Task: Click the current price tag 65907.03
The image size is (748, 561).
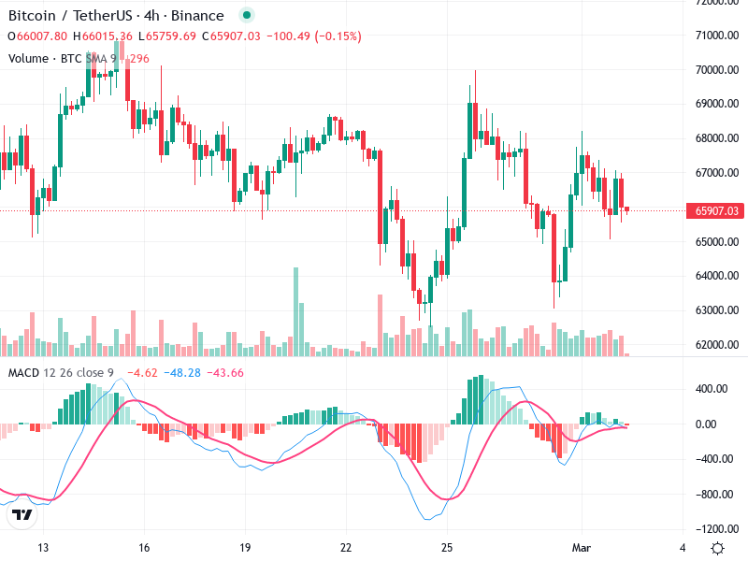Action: [x=716, y=211]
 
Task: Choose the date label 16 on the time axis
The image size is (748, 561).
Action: [x=144, y=547]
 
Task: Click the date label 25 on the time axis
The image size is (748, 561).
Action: [x=447, y=547]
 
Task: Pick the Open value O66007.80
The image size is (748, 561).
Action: [x=37, y=36]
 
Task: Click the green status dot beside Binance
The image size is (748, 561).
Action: [x=246, y=16]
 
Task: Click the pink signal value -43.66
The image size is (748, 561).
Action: [x=224, y=373]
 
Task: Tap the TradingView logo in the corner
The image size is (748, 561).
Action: [x=22, y=514]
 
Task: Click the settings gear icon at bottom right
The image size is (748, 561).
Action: [x=717, y=547]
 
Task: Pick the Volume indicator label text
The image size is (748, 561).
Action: [x=28, y=58]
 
